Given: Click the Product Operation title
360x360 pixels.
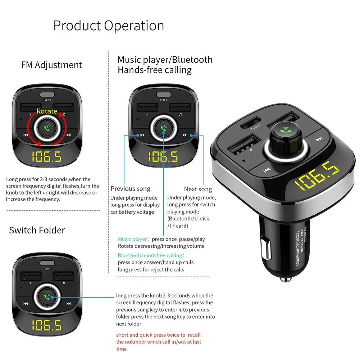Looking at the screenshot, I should [109, 26].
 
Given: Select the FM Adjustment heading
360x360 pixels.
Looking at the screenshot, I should [51, 65].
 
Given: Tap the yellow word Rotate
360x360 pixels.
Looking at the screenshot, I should [47, 111].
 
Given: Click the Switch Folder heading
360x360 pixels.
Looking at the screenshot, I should [37, 230].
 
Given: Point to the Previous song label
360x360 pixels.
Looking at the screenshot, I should [130, 189].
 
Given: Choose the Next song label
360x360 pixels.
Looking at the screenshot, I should [198, 189].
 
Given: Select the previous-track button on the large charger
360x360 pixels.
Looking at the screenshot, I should [266, 170].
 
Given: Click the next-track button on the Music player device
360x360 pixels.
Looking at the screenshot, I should [185, 135].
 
